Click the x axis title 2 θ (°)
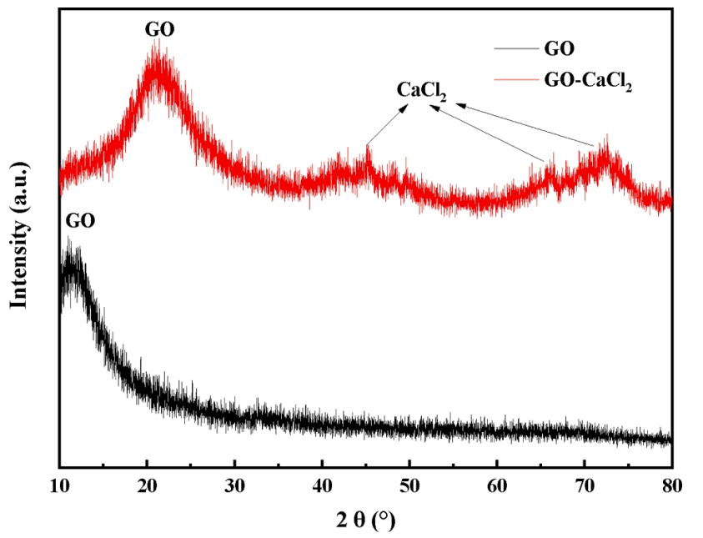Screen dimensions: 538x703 [x=364, y=521]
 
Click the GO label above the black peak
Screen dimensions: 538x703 [x=80, y=221]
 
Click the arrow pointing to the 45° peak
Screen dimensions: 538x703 [x=385, y=128]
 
